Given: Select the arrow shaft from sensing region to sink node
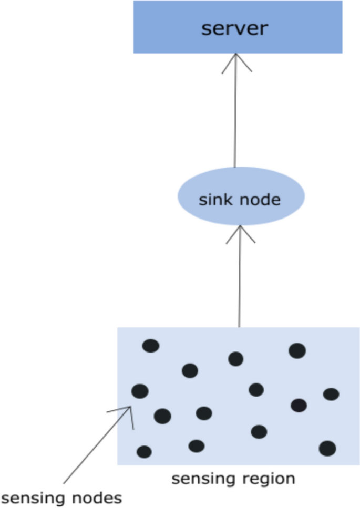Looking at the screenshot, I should (x=240, y=284).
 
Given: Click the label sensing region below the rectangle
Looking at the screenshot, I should (x=233, y=479).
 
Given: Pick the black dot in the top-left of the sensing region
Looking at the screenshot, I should (x=151, y=346).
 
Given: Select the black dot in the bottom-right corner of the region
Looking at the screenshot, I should (x=327, y=448).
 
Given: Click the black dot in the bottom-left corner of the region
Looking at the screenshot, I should (x=144, y=452).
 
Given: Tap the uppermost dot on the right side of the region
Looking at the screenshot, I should (x=297, y=350).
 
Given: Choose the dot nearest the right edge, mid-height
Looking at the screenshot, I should (x=331, y=394).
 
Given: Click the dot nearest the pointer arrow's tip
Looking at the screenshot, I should (x=140, y=391).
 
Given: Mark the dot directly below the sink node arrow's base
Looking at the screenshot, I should (x=236, y=359).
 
